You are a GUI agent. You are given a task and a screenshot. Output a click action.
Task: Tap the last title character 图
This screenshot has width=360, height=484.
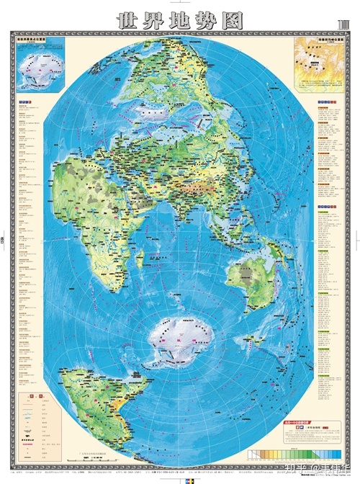pos(233,19)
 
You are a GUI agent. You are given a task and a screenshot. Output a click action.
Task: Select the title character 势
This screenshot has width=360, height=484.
pos(207,19)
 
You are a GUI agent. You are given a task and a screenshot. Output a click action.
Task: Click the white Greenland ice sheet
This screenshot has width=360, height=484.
pos(155,115)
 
